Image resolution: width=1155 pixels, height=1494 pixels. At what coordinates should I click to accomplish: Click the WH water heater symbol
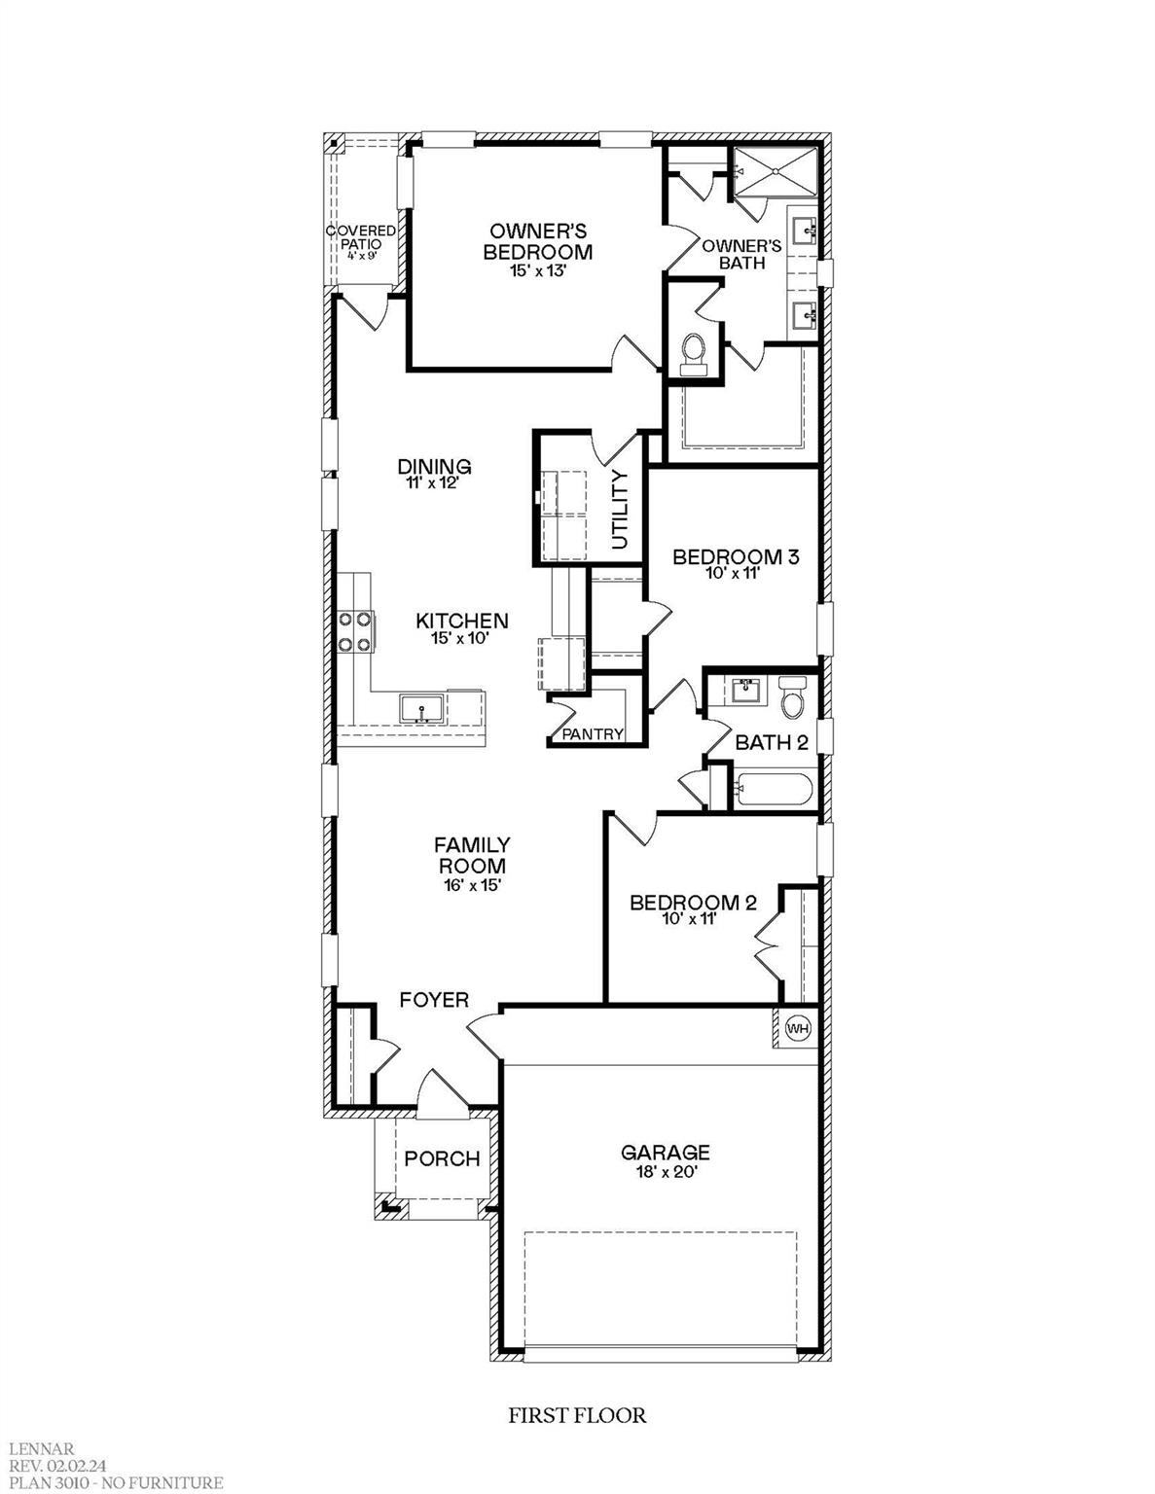797,1028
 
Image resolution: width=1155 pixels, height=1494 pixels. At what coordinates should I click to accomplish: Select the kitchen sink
422,708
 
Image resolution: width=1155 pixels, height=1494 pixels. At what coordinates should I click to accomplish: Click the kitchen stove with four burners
354,630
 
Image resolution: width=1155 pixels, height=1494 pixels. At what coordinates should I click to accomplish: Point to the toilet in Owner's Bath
694,352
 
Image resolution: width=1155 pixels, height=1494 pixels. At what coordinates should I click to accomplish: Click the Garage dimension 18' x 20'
666,1173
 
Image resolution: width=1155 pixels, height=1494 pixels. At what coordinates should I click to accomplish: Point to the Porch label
443,1159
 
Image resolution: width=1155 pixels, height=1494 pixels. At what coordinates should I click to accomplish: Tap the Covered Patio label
361,237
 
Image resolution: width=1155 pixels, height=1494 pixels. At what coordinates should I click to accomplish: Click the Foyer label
435,1000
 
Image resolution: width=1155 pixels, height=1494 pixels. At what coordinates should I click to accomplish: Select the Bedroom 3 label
736,557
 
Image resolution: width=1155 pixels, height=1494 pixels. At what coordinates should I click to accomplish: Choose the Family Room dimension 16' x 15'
472,885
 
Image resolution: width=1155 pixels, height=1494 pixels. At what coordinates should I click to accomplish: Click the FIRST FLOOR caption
577,1414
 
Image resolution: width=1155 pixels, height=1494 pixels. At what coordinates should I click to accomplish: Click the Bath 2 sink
746,691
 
